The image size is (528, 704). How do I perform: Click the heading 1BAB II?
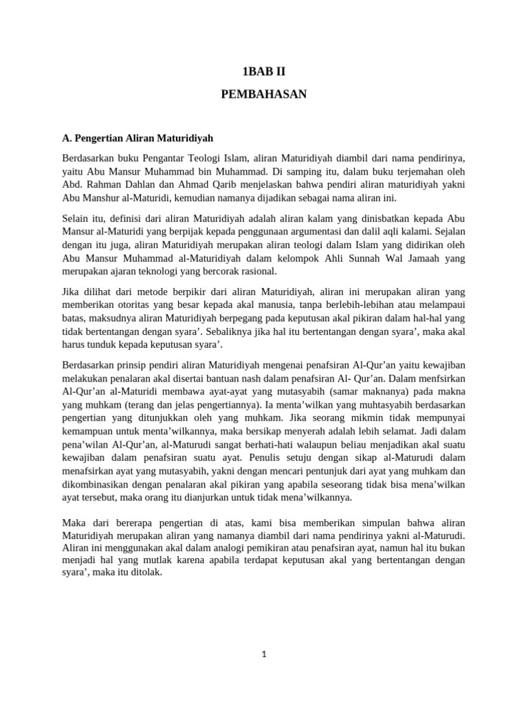click(x=263, y=70)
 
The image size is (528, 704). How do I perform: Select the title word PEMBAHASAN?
click(x=263, y=94)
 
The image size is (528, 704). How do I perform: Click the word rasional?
click(x=256, y=272)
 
